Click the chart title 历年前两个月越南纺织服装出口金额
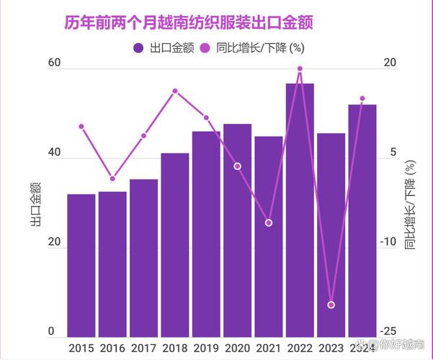(193, 23)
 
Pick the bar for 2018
(175, 245)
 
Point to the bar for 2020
(237, 230)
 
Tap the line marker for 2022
(300, 69)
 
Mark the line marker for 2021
(269, 223)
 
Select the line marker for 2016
(112, 179)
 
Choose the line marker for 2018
(175, 91)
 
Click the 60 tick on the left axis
(53, 64)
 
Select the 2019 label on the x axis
(206, 348)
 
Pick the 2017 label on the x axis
(143, 348)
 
